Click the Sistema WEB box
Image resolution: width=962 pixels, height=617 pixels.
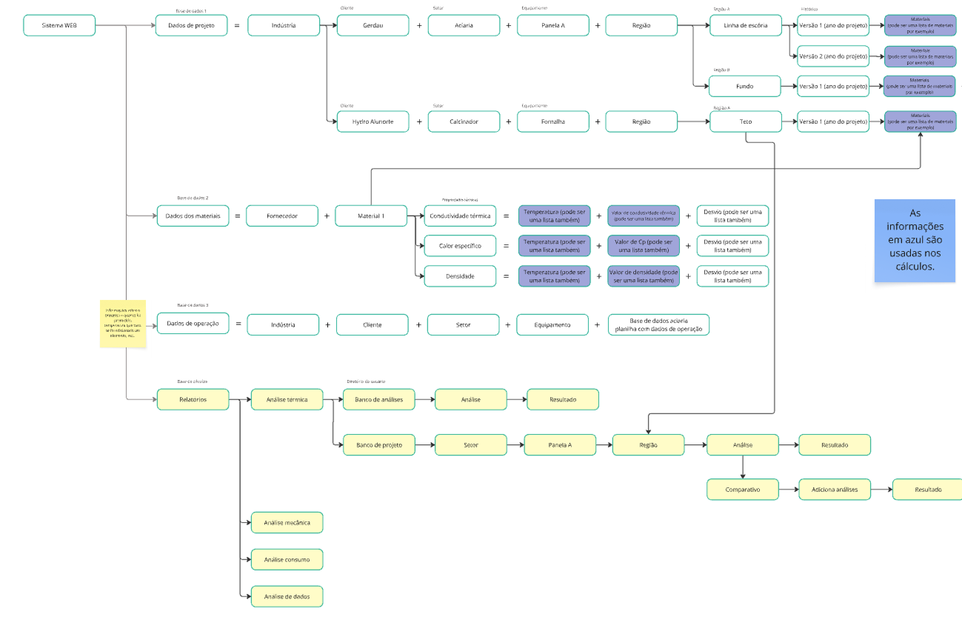(x=59, y=25)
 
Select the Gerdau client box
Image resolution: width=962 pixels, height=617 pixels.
(x=373, y=25)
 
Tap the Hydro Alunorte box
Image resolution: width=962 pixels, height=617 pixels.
(x=373, y=121)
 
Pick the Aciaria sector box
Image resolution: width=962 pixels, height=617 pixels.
(x=464, y=25)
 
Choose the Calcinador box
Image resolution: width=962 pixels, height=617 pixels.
(x=464, y=121)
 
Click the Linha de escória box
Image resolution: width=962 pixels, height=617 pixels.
(x=745, y=25)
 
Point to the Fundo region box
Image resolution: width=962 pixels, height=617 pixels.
(x=745, y=86)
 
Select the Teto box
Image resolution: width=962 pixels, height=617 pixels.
(x=745, y=121)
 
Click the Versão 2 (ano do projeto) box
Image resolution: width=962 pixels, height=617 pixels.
(x=833, y=56)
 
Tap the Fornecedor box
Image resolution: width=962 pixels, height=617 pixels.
(x=282, y=216)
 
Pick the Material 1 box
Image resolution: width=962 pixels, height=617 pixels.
(x=371, y=216)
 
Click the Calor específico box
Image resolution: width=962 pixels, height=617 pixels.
(x=460, y=245)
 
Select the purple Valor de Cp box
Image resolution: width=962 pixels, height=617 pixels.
(x=644, y=245)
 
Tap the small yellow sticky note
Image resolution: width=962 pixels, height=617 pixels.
(x=124, y=324)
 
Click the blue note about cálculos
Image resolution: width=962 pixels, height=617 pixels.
(x=915, y=240)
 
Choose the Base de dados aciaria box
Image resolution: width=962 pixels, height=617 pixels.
(x=658, y=324)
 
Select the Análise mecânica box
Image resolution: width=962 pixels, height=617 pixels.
(x=287, y=522)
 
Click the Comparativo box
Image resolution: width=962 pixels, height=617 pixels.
(x=742, y=490)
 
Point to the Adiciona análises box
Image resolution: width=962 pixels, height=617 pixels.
(x=835, y=490)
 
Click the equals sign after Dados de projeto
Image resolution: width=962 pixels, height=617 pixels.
(x=238, y=26)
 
